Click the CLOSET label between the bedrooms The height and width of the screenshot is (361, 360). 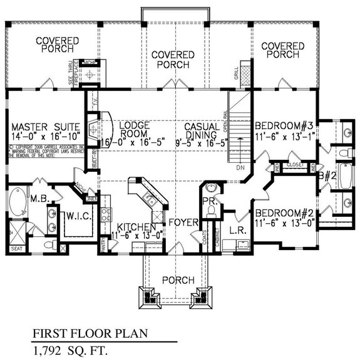(x=294, y=165)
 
